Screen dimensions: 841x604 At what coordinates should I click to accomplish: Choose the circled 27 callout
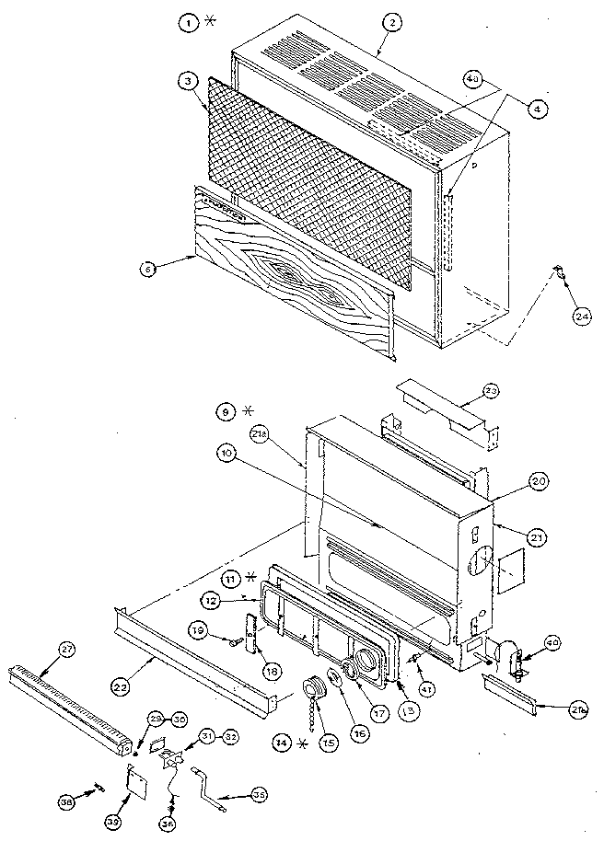(65, 650)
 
